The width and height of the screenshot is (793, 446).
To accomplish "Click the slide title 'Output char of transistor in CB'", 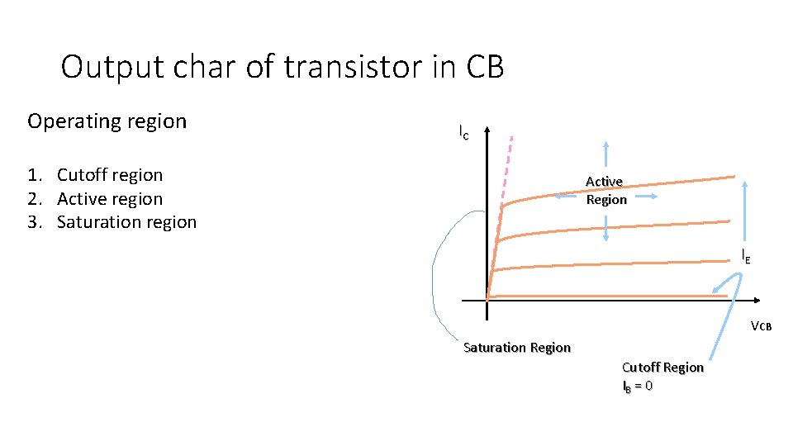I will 282,67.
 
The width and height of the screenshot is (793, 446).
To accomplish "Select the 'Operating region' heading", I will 107,121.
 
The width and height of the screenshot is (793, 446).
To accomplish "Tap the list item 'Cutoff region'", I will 109,175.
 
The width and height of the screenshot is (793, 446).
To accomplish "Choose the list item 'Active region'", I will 109,199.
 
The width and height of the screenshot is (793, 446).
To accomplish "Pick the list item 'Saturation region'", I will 126,222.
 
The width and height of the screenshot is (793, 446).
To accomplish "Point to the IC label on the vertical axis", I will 463,131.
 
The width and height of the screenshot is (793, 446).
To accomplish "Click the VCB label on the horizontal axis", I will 760,325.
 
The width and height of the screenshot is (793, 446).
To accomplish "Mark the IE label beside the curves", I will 746,256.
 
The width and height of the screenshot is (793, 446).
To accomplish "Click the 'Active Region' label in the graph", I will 605,190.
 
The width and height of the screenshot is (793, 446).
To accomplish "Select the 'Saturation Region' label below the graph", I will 517,348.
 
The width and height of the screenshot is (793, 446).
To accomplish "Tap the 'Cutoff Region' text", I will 662,368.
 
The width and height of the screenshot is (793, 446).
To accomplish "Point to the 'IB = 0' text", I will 637,386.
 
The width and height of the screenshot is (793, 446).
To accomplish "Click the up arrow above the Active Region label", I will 607,154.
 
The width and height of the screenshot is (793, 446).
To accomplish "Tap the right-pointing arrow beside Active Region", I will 646,197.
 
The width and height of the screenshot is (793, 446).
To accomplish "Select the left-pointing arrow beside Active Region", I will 567,197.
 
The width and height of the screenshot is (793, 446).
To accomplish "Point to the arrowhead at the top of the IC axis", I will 487,130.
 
